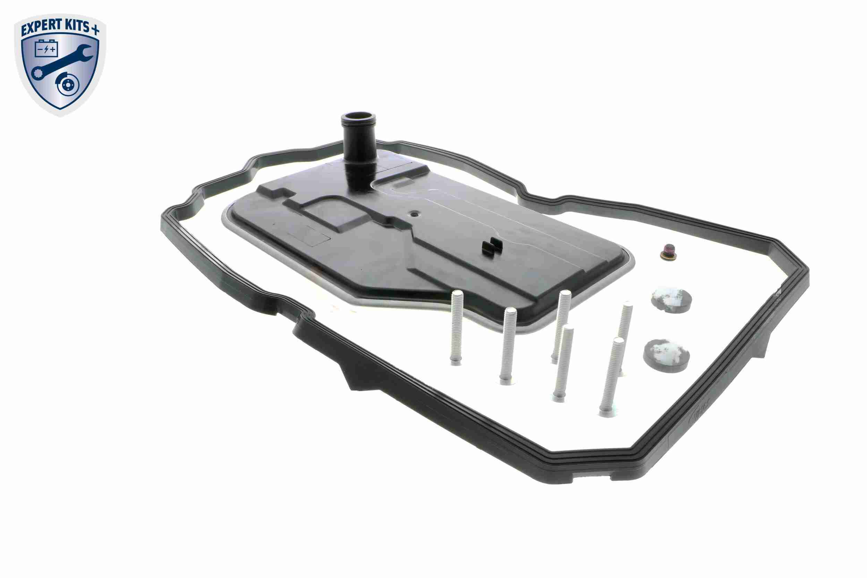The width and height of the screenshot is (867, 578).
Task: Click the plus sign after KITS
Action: coord(95,31)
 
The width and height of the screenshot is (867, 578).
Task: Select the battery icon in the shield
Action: coord(46,48)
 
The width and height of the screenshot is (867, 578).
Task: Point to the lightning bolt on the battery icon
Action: coord(46,49)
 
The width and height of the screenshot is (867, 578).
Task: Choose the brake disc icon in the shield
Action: coord(67,85)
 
